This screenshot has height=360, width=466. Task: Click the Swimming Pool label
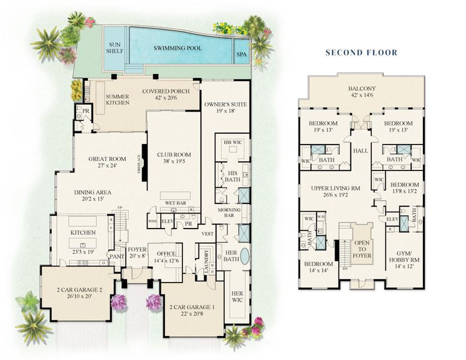[177, 47]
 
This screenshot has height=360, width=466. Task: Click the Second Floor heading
[361, 52]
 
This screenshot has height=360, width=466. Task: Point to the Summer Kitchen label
[117, 100]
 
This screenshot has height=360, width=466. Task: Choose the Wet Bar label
[175, 203]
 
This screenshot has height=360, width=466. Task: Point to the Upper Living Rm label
[336, 188]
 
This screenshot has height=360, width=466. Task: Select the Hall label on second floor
[362, 151]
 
